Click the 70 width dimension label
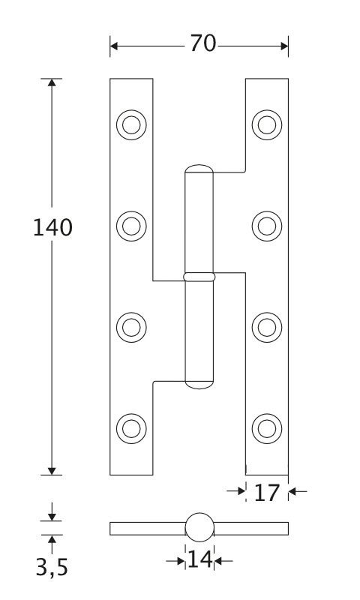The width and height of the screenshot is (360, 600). coord(202,43)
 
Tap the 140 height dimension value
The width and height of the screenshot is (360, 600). coord(52,227)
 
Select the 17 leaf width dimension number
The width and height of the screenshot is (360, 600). coord(267,493)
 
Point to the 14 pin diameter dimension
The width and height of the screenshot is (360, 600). coord(199,559)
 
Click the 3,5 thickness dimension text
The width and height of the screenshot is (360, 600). coord(52,568)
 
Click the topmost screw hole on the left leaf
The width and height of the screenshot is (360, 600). coord(131,124)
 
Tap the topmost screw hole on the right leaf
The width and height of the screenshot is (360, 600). coord(267,124)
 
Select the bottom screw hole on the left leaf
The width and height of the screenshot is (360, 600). coord(131,428)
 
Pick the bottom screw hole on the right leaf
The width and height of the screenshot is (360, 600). coord(267,428)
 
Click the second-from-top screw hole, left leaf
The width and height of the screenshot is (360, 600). coord(131,226)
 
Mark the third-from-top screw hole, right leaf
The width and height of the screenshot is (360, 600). coord(267,328)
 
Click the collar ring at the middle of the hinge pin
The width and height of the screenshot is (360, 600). coord(199,277)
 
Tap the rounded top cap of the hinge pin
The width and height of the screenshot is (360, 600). coord(199,169)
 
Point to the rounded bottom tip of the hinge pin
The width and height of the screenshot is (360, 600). coord(199,385)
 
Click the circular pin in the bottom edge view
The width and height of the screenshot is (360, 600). coord(199,527)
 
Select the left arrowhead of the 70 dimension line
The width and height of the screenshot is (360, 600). coord(114,46)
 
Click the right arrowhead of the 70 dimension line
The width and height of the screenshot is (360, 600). coord(284,46)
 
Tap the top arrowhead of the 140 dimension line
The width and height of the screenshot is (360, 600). coord(52,82)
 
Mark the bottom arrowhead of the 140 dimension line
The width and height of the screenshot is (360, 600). coord(52,471)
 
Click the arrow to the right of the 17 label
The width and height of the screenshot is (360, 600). coord(298,491)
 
